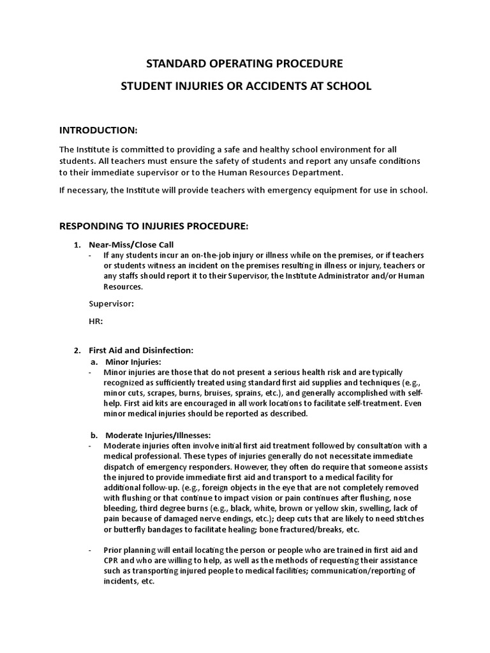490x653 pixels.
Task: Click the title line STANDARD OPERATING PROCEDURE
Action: [x=245, y=64]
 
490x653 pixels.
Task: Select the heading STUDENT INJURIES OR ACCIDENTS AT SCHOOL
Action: [x=245, y=85]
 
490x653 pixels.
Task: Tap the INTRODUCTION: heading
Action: [x=98, y=130]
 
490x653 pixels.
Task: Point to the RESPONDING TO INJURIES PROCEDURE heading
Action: [x=153, y=226]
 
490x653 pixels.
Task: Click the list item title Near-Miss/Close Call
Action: [x=131, y=245]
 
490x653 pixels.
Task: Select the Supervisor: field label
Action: [x=111, y=304]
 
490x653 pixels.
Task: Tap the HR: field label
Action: [x=96, y=321]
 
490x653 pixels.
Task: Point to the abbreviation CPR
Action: [x=112, y=560]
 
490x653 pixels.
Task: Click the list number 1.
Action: [x=77, y=245]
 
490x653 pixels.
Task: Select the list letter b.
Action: [x=94, y=435]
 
